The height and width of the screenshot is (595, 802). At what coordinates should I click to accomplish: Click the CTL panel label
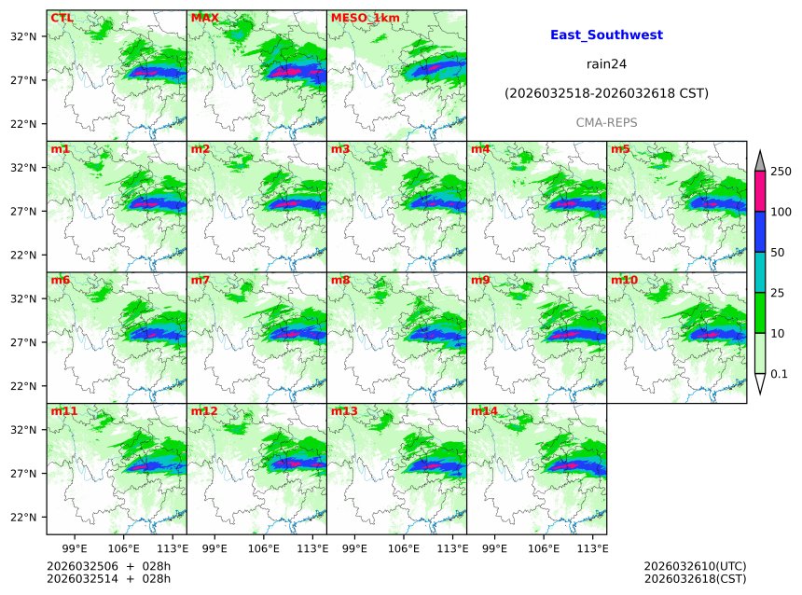[62, 18]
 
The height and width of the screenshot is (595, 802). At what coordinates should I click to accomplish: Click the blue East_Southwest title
[606, 35]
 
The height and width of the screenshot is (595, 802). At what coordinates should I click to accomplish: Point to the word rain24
[606, 64]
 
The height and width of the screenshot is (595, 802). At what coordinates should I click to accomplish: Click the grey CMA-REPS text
[606, 122]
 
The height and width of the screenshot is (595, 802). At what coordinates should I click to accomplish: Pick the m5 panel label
[620, 149]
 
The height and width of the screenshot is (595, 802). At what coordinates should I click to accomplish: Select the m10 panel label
[624, 280]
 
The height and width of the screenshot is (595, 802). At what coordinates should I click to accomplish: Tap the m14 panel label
[483, 411]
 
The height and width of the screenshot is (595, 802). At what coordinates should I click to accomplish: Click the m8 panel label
[340, 280]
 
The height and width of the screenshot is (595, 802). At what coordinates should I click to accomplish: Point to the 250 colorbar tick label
[781, 172]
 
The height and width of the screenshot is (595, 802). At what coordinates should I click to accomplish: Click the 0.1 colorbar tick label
[780, 374]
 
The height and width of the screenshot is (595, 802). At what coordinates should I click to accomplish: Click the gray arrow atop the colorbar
[759, 161]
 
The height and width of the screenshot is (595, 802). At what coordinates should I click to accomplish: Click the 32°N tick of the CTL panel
[22, 36]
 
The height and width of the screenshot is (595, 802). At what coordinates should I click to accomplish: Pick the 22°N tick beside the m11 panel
[22, 518]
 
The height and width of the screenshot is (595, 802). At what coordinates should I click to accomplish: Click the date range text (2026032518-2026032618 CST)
[606, 93]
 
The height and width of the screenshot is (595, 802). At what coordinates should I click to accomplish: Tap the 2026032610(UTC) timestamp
[695, 566]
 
